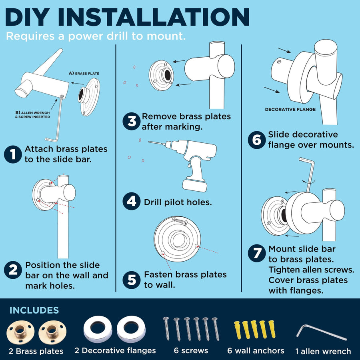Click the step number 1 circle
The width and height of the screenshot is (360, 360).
tap(13, 154)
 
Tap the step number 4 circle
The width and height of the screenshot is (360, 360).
tap(131, 201)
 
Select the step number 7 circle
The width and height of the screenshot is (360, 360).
tap(257, 253)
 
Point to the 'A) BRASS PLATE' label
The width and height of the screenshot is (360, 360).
tap(84, 74)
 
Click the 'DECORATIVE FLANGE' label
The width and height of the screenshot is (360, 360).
tap(290, 110)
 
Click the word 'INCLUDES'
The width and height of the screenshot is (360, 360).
tap(34, 310)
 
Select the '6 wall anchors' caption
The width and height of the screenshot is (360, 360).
tap(256, 350)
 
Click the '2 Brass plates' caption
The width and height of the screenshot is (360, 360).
tap(36, 351)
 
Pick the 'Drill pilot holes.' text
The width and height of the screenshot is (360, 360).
tap(178, 202)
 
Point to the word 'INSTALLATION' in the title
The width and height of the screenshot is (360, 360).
tap(154, 17)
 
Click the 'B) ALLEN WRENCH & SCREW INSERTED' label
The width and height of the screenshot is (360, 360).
tap(33, 115)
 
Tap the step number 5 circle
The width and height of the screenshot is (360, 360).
tap(131, 280)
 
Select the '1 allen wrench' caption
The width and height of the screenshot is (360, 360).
tap(323, 351)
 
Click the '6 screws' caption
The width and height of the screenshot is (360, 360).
tap(191, 350)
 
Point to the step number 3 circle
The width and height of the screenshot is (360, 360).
tap(131, 121)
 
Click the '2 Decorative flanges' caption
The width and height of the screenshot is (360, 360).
tap(115, 350)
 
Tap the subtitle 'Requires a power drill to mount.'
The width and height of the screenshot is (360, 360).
tap(96, 36)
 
